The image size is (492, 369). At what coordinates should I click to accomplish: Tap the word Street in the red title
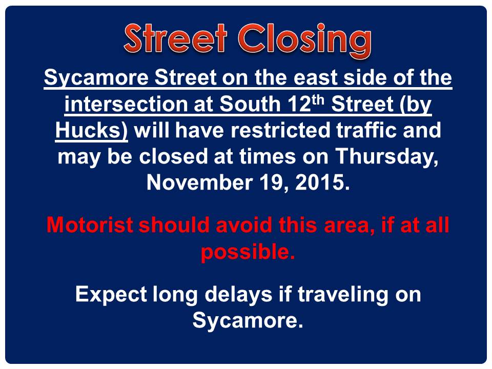pyautogui.click(x=175, y=38)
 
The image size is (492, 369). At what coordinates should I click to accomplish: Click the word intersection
pyautogui.click(x=126, y=104)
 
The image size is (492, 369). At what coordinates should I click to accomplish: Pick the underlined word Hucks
pyautogui.click(x=91, y=131)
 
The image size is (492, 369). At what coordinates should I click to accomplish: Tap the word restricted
pyautogui.click(x=280, y=130)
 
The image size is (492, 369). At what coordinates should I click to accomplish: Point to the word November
pyautogui.click(x=199, y=182)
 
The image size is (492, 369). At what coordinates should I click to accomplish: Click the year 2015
pyautogui.click(x=322, y=182)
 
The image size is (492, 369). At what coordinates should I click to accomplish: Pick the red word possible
pyautogui.click(x=248, y=252)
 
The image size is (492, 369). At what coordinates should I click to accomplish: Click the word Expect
pyautogui.click(x=111, y=295)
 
